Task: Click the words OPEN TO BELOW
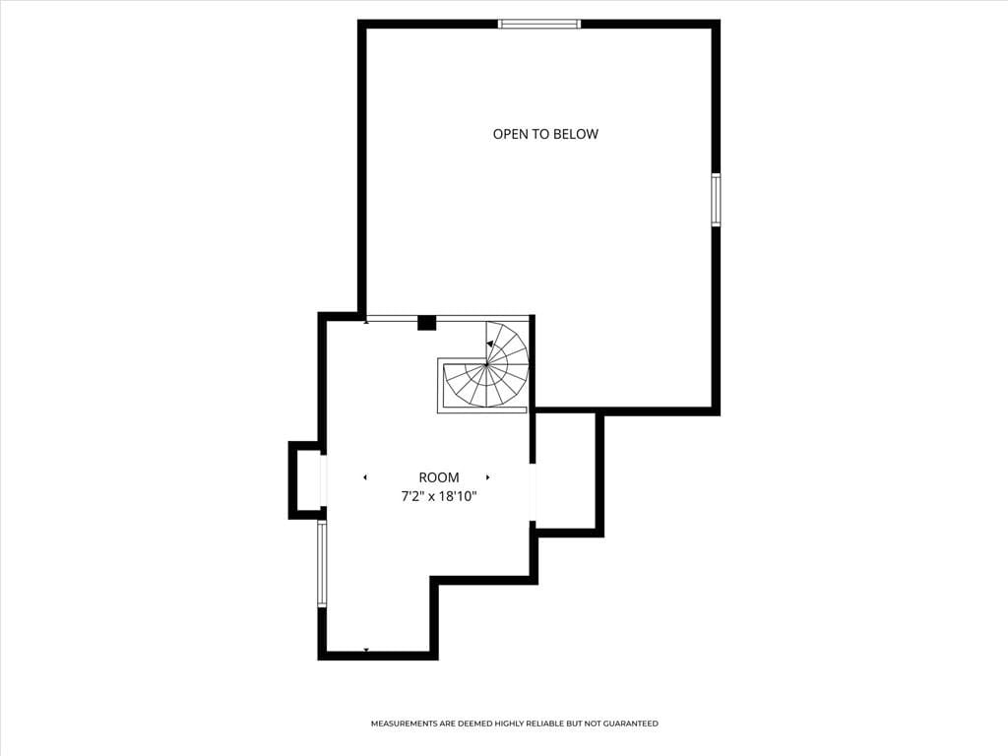(545, 134)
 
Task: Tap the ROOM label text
(439, 477)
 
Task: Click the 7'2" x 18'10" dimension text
(439, 497)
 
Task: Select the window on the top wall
(539, 24)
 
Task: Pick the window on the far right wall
(716, 200)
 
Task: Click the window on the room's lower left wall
(322, 563)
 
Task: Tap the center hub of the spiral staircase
(485, 364)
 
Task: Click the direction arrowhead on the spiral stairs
(490, 345)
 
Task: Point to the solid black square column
(426, 323)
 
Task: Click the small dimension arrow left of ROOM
(365, 477)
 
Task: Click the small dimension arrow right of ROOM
(488, 477)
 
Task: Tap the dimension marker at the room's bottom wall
(366, 650)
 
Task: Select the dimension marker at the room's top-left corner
(366, 321)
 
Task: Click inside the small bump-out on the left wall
(307, 479)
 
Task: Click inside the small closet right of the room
(566, 471)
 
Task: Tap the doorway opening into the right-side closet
(533, 492)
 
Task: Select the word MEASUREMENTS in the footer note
(403, 724)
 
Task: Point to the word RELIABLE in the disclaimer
(542, 724)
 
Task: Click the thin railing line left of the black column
(392, 318)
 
